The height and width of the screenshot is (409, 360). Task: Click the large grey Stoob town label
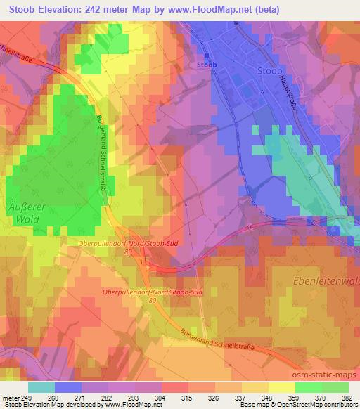click(x=271, y=71)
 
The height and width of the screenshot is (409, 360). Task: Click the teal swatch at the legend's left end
click(x=41, y=387)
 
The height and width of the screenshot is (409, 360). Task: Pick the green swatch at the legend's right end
click(x=334, y=387)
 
